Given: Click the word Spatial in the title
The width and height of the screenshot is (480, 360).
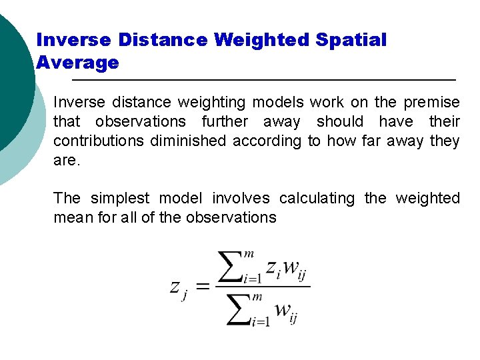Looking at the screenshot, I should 351,40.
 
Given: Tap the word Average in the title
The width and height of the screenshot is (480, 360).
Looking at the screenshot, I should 77,63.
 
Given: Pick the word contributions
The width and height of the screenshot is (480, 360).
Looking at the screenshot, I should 99,141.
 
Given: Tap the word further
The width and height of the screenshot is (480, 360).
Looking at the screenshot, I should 225,122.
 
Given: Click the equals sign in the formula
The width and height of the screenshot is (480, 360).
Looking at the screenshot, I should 201,287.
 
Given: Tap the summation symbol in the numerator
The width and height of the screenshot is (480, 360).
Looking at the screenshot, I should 239,266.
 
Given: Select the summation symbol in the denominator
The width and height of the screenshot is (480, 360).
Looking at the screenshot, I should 239,309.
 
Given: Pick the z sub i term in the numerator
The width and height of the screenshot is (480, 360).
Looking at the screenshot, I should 273,269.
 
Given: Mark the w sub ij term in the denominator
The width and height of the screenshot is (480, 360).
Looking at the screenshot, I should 284,311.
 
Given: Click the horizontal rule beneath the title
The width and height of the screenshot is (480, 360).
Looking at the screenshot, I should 263,80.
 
